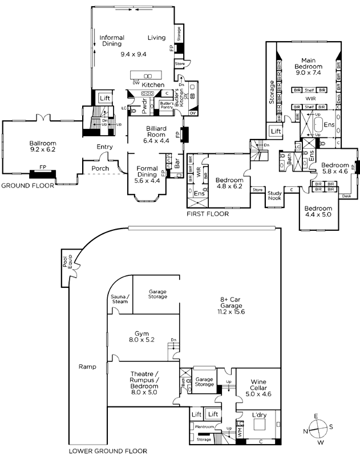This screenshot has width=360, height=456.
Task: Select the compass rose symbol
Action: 318,427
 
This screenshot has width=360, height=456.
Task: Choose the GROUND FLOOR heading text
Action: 27,186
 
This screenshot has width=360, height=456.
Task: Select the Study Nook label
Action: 276,197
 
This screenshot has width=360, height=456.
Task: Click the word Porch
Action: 96,168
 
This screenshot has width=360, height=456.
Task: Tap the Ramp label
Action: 87,367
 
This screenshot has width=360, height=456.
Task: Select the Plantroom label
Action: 204,426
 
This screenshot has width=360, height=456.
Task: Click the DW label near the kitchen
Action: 136,83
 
